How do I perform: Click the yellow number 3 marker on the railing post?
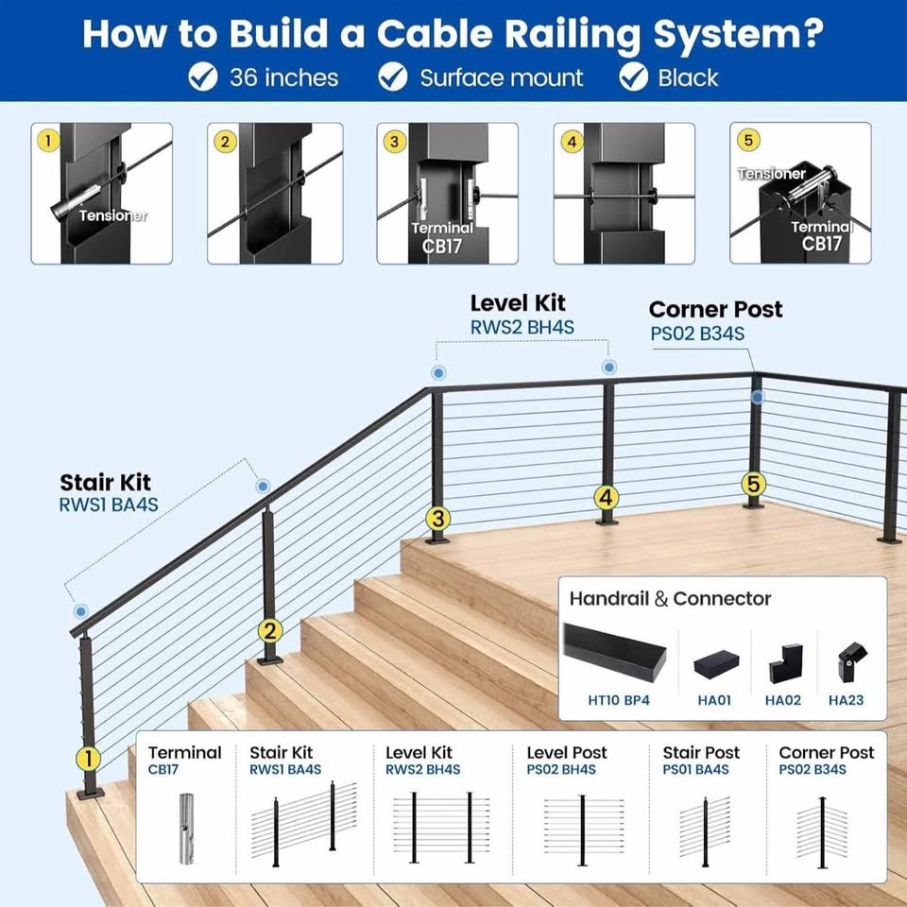436,518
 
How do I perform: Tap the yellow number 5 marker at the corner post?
752,485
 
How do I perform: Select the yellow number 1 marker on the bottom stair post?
88,758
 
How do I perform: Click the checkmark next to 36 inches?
203,77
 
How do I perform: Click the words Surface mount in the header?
502,77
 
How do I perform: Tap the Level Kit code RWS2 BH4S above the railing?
522,327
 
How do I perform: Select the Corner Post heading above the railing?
715,309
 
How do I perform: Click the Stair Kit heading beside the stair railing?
105,484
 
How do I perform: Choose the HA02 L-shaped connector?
785,664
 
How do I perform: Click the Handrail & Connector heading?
670,598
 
